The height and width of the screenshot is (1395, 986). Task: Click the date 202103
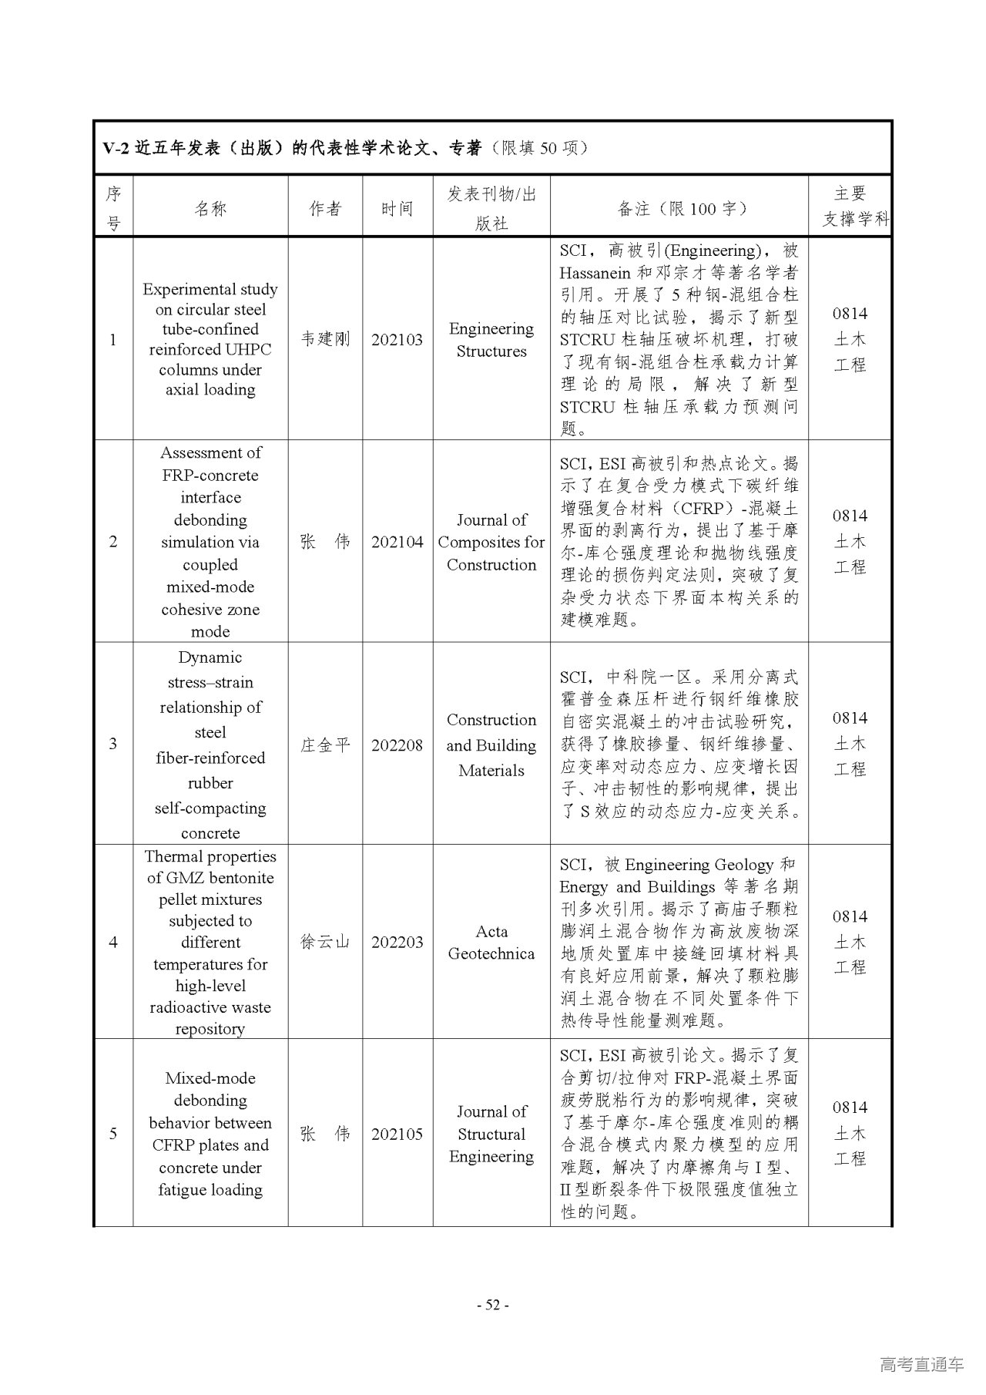pyautogui.click(x=397, y=339)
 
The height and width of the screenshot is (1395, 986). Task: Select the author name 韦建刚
pyautogui.click(x=325, y=339)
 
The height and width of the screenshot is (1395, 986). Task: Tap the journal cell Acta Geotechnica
pyautogui.click(x=491, y=942)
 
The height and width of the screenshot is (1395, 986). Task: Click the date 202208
pyautogui.click(x=397, y=745)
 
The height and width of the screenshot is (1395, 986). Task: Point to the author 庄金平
pyautogui.click(x=325, y=745)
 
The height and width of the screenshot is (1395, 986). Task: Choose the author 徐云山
pyautogui.click(x=325, y=942)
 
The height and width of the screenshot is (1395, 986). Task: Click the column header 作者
pyautogui.click(x=325, y=208)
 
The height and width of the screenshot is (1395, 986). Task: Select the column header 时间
pyautogui.click(x=397, y=208)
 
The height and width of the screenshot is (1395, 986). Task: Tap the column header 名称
pyautogui.click(x=210, y=208)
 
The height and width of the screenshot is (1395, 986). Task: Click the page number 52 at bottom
pyautogui.click(x=493, y=1305)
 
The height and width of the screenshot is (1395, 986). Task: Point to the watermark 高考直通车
pyautogui.click(x=921, y=1364)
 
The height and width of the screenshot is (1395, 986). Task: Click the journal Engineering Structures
pyautogui.click(x=491, y=340)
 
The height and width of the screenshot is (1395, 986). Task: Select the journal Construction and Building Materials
pyautogui.click(x=491, y=745)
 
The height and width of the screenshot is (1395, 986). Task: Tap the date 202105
pyautogui.click(x=397, y=1134)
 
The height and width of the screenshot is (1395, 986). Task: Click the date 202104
pyautogui.click(x=397, y=542)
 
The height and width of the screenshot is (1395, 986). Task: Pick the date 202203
pyautogui.click(x=397, y=942)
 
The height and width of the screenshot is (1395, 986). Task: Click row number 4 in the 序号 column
pyautogui.click(x=113, y=942)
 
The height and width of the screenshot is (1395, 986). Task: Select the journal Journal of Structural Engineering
pyautogui.click(x=491, y=1134)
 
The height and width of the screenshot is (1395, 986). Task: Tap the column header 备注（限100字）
pyautogui.click(x=679, y=208)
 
